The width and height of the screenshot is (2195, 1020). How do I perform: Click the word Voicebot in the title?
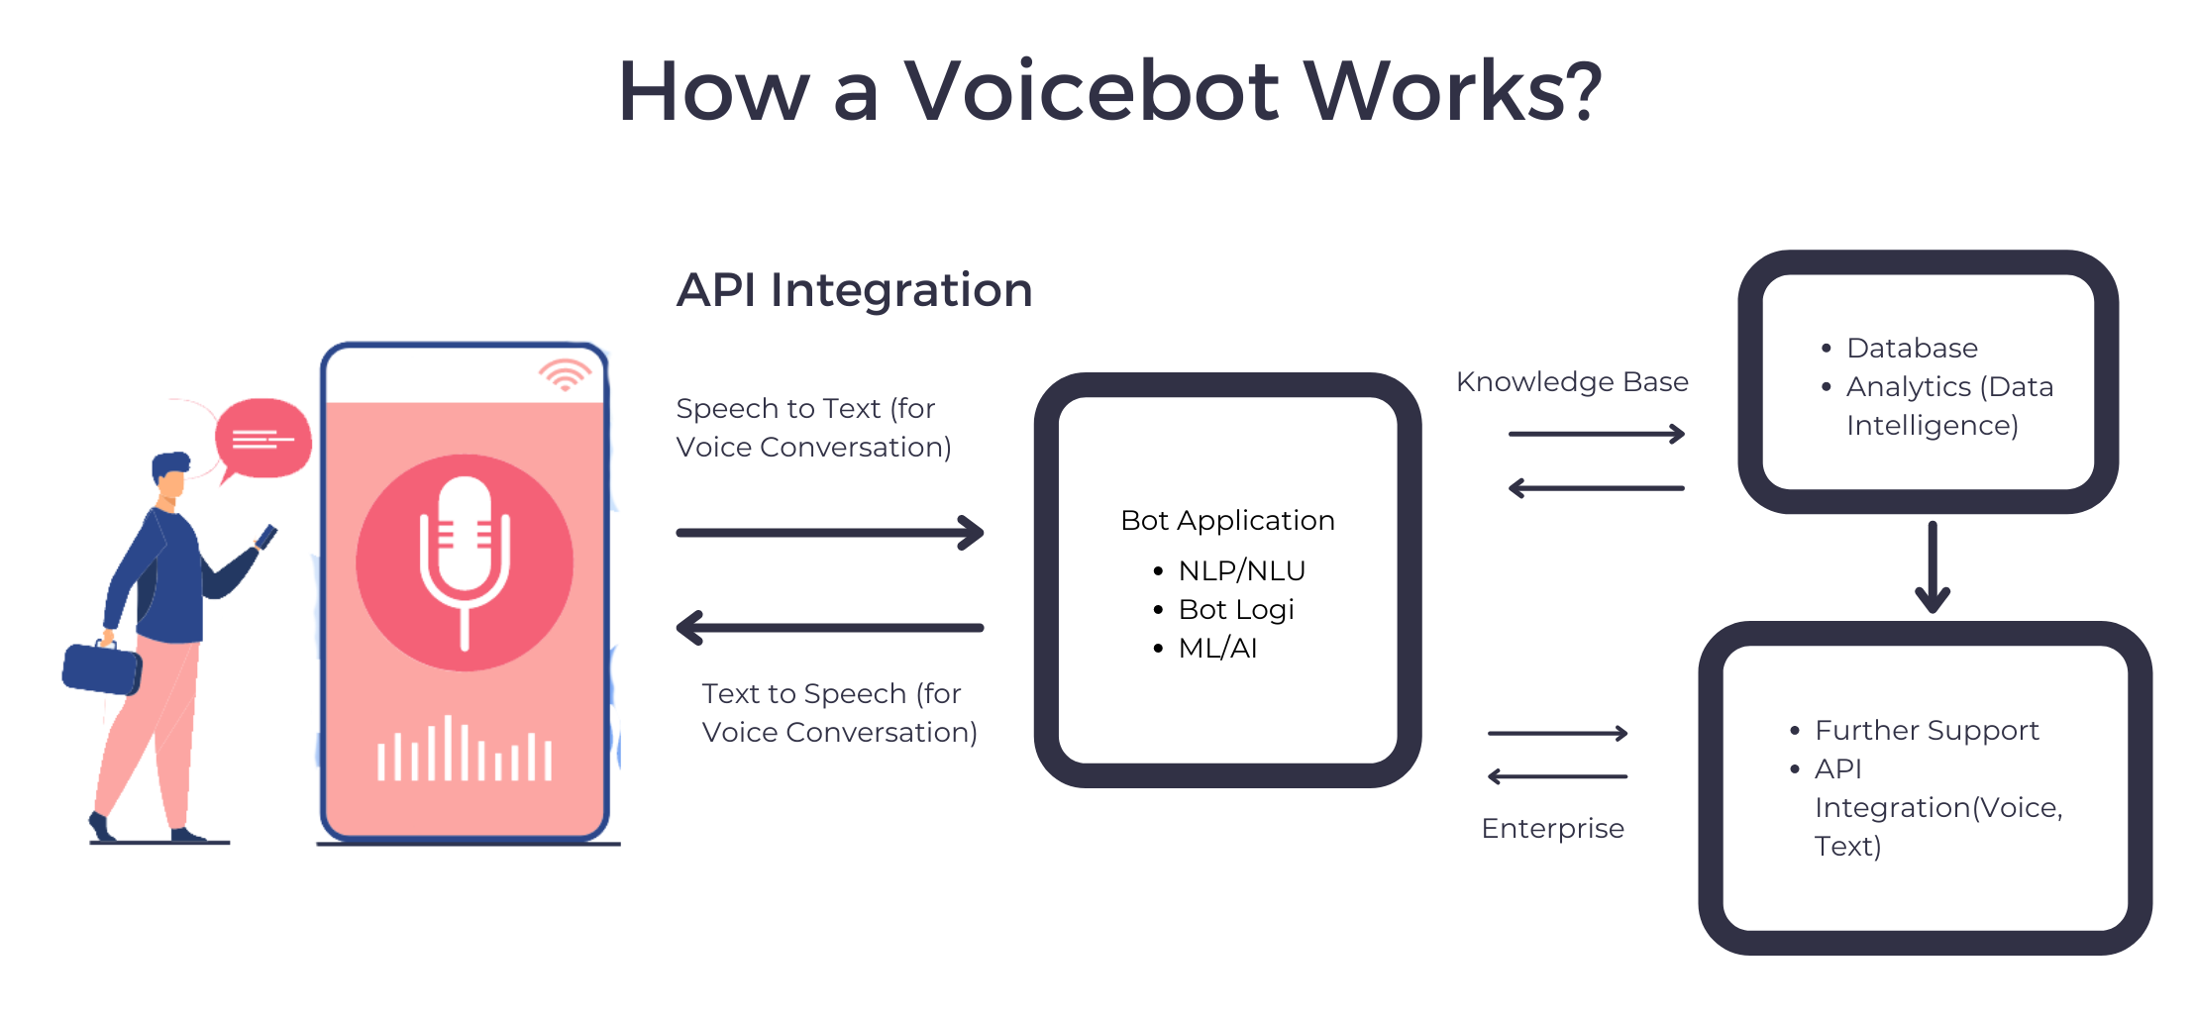(x=1092, y=91)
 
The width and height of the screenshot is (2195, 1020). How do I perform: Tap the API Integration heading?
(x=854, y=290)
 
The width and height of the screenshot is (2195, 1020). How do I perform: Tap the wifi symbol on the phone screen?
(x=565, y=374)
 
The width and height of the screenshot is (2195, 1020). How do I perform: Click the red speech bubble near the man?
(x=263, y=439)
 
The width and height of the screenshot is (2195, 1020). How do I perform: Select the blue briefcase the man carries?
(x=101, y=668)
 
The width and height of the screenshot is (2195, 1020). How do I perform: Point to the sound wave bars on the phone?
(x=465, y=753)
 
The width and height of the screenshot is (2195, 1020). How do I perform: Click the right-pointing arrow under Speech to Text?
(x=830, y=532)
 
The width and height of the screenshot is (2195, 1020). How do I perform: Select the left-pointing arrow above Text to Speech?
(x=830, y=627)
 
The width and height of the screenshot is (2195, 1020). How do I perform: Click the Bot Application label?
(x=1227, y=520)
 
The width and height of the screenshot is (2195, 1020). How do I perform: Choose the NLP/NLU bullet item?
(x=1241, y=570)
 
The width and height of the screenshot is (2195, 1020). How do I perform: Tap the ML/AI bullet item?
(x=1217, y=648)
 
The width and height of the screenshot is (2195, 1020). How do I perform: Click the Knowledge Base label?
(x=1572, y=382)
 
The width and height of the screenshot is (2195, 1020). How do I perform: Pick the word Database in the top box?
(x=1912, y=348)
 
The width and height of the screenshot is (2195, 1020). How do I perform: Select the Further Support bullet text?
(x=1927, y=730)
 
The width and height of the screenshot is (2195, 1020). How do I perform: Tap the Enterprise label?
(x=1552, y=828)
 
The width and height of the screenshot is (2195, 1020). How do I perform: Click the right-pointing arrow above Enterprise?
(x=1557, y=733)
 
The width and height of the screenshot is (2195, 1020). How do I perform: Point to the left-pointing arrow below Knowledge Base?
(x=1596, y=488)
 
